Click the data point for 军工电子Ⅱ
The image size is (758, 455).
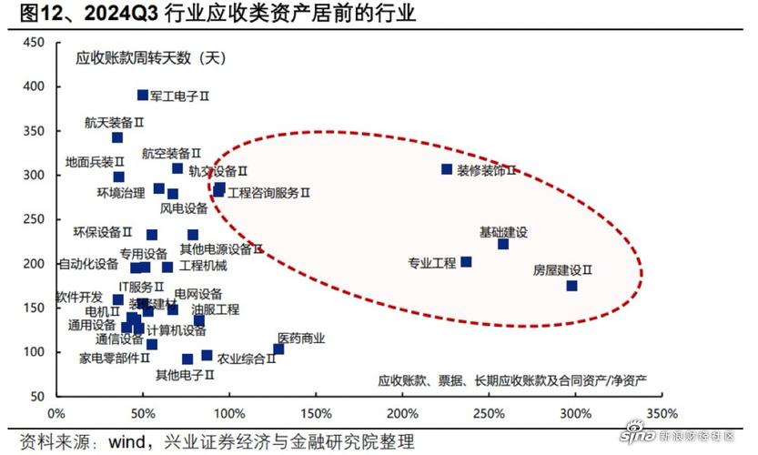[x=143, y=95]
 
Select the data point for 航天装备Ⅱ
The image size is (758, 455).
[x=117, y=138]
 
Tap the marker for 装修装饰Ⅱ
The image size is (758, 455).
[x=447, y=169]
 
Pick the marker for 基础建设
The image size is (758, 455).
[x=503, y=244]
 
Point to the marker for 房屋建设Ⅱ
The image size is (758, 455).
[x=571, y=286]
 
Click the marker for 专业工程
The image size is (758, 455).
[x=466, y=262]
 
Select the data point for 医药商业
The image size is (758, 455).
[x=278, y=349]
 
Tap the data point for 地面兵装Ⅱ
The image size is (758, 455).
[x=118, y=177]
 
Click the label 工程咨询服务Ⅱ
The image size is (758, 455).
[x=269, y=193]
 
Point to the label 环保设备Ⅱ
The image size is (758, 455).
[x=103, y=233]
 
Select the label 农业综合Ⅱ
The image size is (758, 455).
[x=246, y=359]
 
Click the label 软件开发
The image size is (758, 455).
[x=81, y=298]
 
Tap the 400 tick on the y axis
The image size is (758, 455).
[x=35, y=86]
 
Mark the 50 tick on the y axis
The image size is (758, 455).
[x=37, y=397]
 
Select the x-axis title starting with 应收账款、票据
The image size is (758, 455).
[x=512, y=379]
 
